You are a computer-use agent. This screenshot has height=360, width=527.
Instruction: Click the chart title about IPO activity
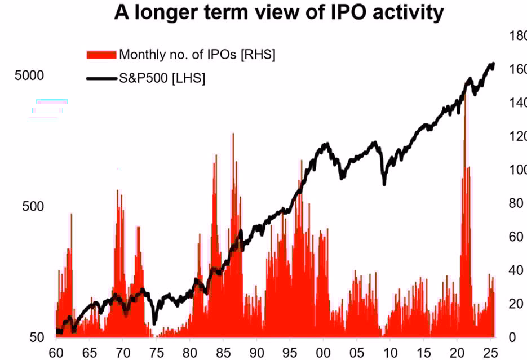[279, 12]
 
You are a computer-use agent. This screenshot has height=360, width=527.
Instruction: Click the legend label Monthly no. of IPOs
[197, 55]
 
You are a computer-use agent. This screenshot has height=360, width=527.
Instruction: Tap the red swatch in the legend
[101, 55]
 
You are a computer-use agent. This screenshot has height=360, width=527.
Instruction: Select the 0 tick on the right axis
[512, 337]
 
